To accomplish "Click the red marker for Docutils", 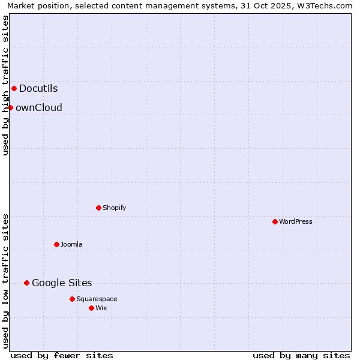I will click(14, 88).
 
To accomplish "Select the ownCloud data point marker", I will click(10, 107).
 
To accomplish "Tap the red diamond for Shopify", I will click(98, 208).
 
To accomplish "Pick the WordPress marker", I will click(275, 221).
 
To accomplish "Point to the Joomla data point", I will click(56, 244).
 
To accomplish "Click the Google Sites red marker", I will click(26, 283).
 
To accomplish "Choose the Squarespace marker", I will click(72, 299).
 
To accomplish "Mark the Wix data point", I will click(91, 308).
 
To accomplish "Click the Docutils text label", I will click(38, 88).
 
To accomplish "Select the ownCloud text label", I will click(38, 107).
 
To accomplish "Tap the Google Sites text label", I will click(62, 283).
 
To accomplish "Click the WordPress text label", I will click(295, 221).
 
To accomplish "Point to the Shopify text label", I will click(114, 208).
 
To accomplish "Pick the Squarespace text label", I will click(97, 299).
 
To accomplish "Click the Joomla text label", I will click(71, 244).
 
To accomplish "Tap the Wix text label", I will click(101, 308).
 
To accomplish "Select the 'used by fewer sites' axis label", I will click(62, 355).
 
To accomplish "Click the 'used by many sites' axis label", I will click(301, 355).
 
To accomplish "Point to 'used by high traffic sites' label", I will click(5, 85).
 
